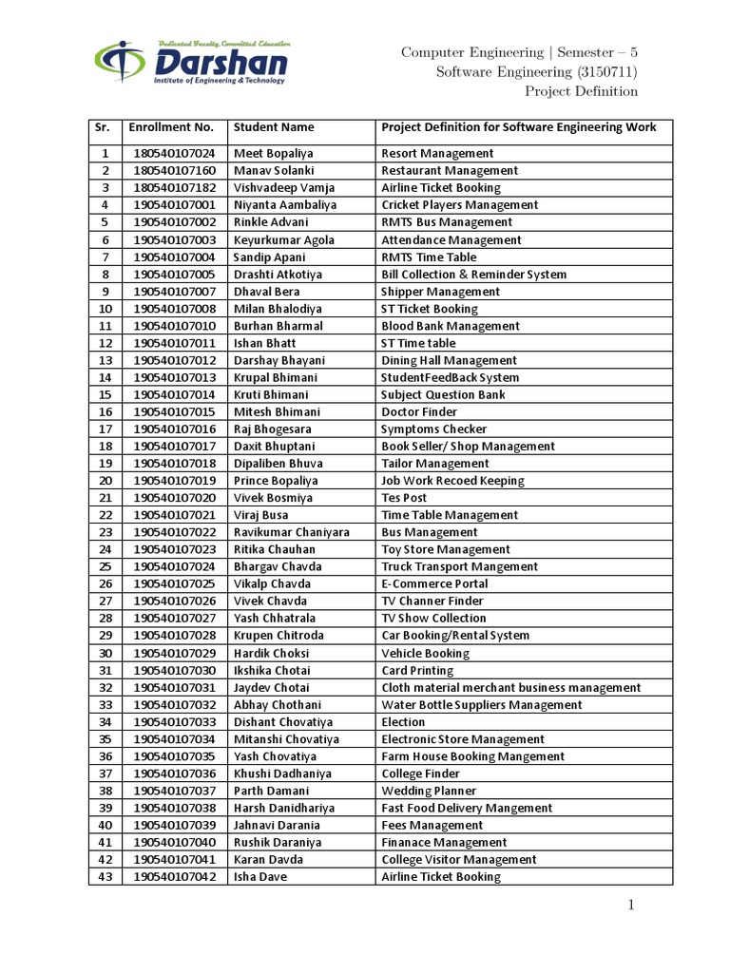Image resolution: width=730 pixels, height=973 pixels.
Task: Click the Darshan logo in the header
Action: coord(189,63)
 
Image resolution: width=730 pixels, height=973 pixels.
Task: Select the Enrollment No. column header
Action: coord(171,126)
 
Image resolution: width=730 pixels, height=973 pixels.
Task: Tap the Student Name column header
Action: coord(274,126)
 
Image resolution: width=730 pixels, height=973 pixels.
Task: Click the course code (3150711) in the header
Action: coord(609,71)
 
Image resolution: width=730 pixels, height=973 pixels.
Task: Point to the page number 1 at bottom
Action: coord(629,906)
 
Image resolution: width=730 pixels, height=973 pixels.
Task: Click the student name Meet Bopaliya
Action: coord(274,153)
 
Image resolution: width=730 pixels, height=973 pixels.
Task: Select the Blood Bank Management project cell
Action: coord(451,326)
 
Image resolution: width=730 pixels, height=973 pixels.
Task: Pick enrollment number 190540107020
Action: coord(174,498)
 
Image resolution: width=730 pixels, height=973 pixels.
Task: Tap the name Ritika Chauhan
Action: coord(275,549)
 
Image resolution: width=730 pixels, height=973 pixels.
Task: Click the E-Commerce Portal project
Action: coord(434,583)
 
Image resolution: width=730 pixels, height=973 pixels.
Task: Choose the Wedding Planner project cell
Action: coord(429,791)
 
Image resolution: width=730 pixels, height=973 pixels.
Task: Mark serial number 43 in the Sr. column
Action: coord(105,877)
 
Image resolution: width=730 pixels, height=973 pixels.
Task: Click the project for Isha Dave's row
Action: coord(440,877)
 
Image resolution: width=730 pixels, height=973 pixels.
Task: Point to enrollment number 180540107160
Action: coord(174,170)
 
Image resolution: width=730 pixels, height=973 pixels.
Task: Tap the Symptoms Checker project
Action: coord(433,429)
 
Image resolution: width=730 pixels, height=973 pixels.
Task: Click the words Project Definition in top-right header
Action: coord(581,91)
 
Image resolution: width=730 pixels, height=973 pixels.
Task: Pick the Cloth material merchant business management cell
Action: coord(510,687)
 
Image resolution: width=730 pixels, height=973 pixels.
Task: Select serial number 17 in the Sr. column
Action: coord(105,429)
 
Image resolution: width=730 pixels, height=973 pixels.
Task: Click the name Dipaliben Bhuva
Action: coord(278,464)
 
